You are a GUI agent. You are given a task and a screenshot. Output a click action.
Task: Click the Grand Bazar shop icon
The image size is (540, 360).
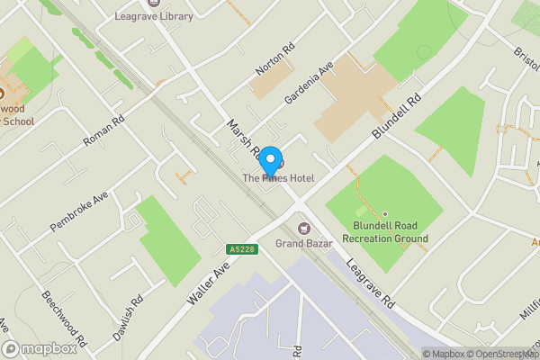point(303,227)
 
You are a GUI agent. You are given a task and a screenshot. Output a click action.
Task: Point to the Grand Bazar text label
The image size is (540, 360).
point(304,243)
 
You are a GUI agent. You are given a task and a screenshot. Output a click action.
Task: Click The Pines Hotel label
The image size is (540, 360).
point(278,179)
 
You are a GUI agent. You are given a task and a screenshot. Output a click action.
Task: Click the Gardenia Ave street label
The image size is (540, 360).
point(309,84)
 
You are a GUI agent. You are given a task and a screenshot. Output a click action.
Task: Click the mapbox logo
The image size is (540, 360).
point(40,349)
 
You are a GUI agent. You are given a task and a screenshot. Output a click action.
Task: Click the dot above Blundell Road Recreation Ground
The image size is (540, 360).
point(385,214)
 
